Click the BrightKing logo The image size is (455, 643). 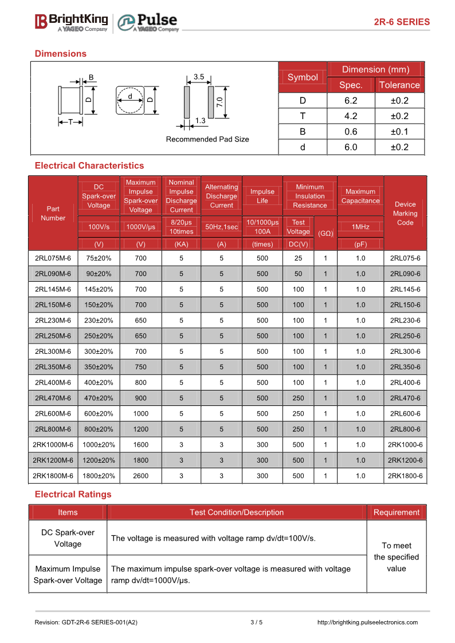tap(71, 22)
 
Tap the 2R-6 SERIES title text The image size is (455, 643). tap(401, 22)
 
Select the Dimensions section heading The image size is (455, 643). tap(61, 54)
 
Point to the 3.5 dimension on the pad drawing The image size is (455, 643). tap(199, 76)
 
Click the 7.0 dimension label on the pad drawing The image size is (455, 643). tap(219, 102)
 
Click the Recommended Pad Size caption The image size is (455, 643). tap(207, 139)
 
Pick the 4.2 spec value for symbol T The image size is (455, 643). tap(351, 116)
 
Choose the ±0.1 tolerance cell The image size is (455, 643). tap(399, 132)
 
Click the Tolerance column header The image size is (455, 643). tap(399, 85)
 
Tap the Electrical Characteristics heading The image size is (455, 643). tap(89, 165)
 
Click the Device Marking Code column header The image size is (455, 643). tap(405, 213)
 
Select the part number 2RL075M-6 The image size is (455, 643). tap(53, 258)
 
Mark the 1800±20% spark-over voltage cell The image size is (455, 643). tap(99, 475)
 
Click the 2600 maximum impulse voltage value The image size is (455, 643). tap(140, 475)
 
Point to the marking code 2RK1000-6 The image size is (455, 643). tap(405, 444)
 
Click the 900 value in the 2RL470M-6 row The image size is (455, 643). tap(140, 398)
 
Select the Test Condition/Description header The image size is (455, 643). tap(237, 512)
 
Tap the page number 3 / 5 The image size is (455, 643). tap(256, 622)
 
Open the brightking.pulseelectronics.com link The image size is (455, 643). tap(367, 622)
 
